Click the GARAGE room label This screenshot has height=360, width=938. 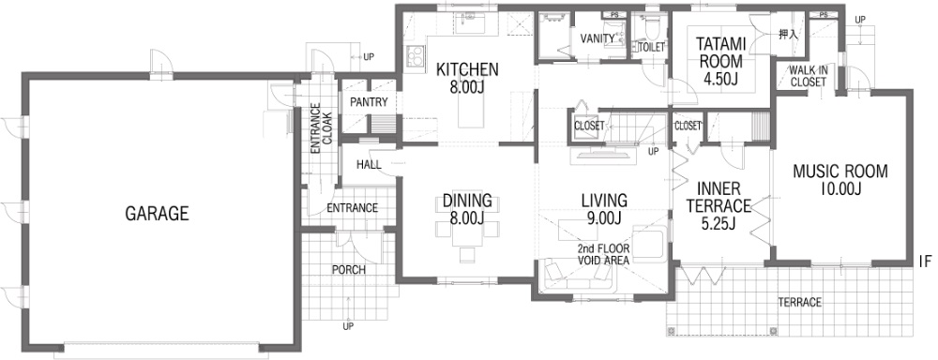click(157, 214)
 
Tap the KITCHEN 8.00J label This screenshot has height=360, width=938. click(466, 78)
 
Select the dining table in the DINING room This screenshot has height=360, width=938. click(467, 224)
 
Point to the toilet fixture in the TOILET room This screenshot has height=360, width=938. click(651, 26)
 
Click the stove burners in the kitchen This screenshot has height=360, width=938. click(414, 55)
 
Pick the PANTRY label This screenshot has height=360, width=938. click(369, 102)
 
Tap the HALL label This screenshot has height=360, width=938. click(369, 164)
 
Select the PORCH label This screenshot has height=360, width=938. click(349, 270)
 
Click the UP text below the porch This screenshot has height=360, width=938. click(348, 326)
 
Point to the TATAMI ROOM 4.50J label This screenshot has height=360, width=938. click(720, 62)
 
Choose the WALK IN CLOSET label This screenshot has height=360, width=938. click(809, 76)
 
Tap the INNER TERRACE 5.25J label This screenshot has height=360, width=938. click(719, 206)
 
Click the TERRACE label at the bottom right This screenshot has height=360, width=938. click(799, 303)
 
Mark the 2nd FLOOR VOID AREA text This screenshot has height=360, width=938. click(603, 254)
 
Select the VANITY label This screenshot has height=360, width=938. click(597, 38)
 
